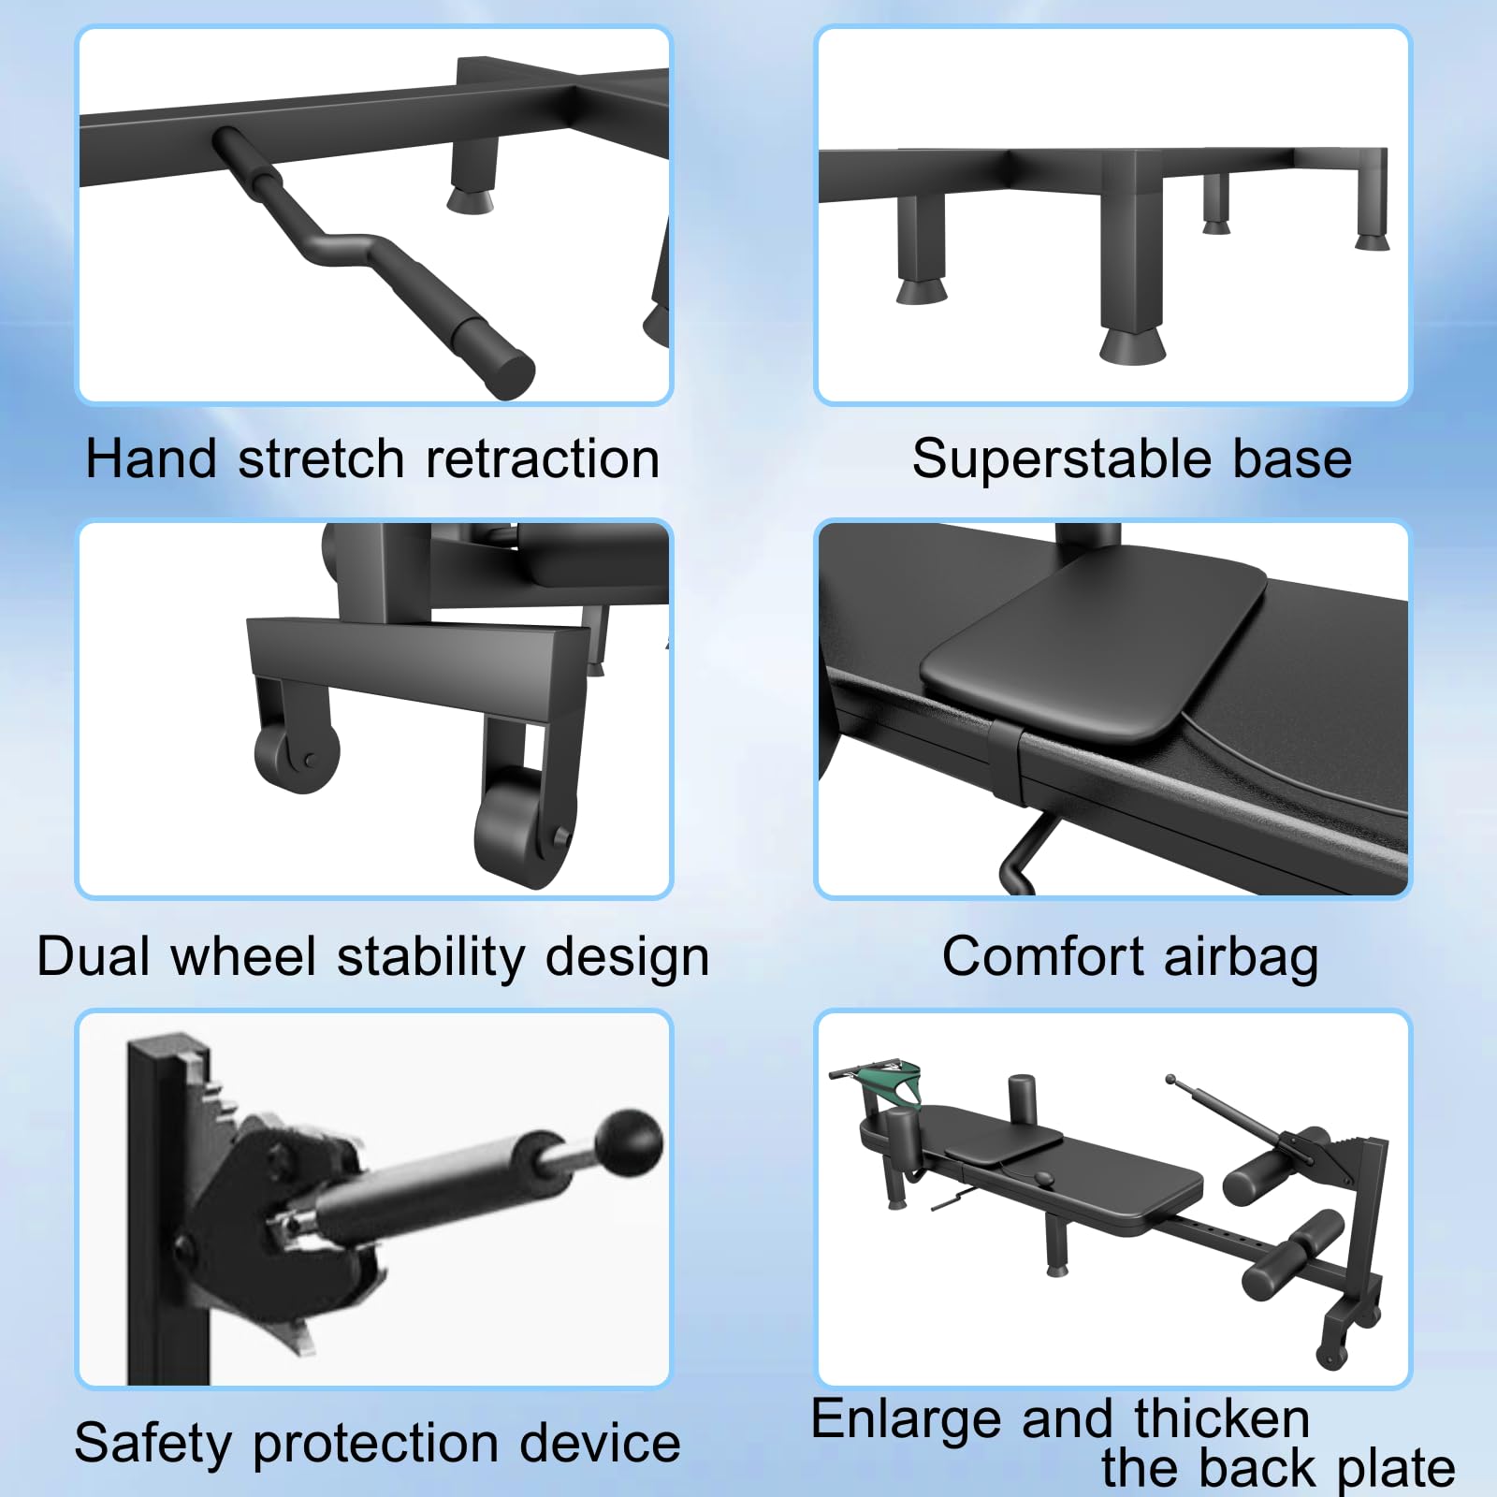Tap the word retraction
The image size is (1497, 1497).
(x=543, y=458)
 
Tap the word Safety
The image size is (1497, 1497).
(x=153, y=1444)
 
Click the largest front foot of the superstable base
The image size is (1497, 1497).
(x=1133, y=344)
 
